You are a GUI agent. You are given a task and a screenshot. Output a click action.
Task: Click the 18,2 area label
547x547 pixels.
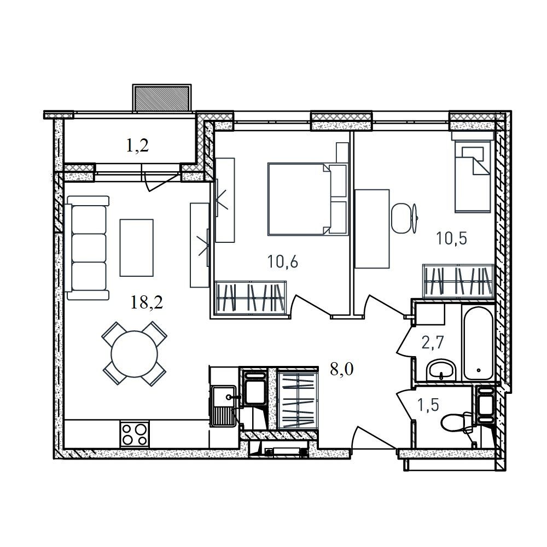click(x=147, y=302)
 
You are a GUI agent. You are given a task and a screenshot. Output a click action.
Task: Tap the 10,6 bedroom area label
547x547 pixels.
click(x=283, y=261)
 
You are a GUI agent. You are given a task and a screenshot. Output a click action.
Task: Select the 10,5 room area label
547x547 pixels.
click(x=451, y=238)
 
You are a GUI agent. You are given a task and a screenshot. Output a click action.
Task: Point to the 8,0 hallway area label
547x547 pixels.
click(x=342, y=369)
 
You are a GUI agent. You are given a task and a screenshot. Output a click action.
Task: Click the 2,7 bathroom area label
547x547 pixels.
click(x=432, y=342)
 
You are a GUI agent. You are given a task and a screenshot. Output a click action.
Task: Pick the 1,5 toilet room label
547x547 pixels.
click(x=428, y=405)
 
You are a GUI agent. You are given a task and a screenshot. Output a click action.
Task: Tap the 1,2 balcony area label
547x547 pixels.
click(x=137, y=146)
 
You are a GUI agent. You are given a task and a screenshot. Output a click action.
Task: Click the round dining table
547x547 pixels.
click(x=135, y=354)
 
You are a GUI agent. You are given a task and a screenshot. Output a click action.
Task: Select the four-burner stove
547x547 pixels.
click(x=135, y=434)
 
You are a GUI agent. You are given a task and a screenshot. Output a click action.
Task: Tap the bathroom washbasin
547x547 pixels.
click(x=441, y=370)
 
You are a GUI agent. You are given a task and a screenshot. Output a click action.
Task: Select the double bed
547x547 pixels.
click(x=308, y=199)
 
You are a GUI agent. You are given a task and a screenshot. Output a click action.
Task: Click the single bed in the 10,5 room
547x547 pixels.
click(x=472, y=176)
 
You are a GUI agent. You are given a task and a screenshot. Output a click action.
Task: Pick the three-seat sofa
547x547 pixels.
click(x=87, y=248)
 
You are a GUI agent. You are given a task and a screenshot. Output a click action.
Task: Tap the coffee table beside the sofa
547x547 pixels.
click(x=136, y=248)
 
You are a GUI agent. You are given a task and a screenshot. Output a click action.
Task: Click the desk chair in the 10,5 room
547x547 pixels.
click(x=404, y=219)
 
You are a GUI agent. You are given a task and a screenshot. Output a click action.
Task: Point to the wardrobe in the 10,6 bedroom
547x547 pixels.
click(x=251, y=299)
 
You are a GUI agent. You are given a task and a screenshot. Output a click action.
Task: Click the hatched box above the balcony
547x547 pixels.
click(x=161, y=98)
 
